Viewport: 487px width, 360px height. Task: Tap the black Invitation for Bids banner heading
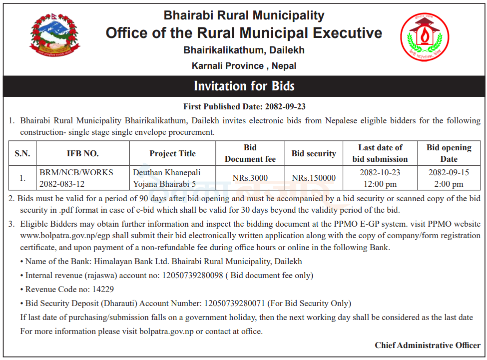(244, 86)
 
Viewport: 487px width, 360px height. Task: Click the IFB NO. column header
(83, 153)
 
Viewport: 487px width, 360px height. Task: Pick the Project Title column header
(172, 153)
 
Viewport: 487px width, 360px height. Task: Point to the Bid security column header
(314, 153)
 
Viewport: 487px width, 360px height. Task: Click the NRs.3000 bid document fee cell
(250, 178)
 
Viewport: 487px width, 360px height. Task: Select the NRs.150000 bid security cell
(314, 178)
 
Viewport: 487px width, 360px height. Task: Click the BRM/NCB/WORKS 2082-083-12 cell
(76, 178)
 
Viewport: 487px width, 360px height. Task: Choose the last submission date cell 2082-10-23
(380, 178)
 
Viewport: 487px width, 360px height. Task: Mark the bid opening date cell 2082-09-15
(448, 178)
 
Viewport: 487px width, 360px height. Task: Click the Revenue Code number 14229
(100, 289)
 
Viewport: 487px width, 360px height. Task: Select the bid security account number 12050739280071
(234, 303)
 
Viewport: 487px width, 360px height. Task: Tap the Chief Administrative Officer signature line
(428, 345)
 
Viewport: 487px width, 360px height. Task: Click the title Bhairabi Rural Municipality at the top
(244, 15)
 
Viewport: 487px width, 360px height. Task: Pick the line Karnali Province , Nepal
(244, 66)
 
